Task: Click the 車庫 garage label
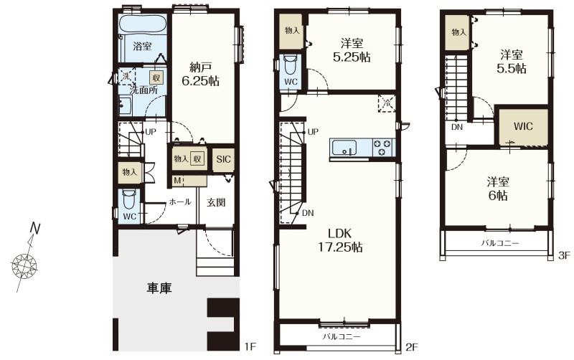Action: [x=159, y=289]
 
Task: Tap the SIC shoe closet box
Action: [x=223, y=159]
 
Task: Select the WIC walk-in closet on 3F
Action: [x=524, y=127]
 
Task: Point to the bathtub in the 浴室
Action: [x=143, y=24]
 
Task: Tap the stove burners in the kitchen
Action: [x=382, y=148]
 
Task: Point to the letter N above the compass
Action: [x=35, y=228]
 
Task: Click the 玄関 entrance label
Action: [x=216, y=202]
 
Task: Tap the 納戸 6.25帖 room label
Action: [x=201, y=74]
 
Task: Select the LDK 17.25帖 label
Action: [x=339, y=240]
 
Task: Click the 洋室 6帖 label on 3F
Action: [x=498, y=189]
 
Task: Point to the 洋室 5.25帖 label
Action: [x=352, y=50]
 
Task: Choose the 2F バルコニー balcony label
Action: [x=342, y=336]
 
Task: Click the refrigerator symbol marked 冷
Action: [x=387, y=103]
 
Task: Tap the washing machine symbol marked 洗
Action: [x=126, y=76]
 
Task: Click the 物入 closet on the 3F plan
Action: [x=458, y=33]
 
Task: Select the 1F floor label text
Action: [x=250, y=346]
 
